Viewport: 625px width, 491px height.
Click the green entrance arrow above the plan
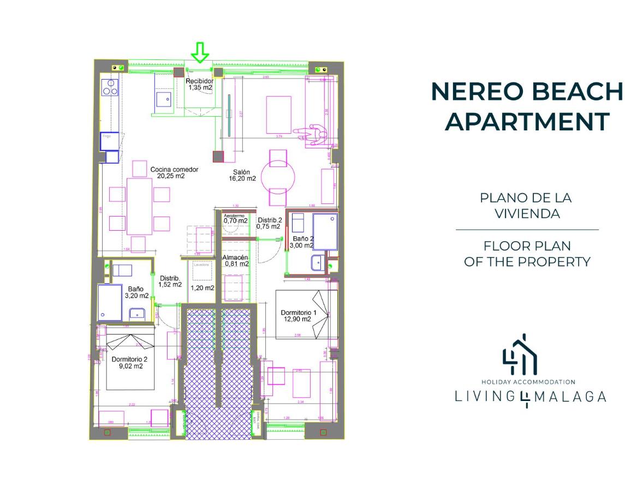(201, 53)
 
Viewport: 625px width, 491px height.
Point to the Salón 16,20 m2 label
(242, 175)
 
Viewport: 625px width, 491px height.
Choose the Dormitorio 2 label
(129, 363)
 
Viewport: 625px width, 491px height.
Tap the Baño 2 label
(302, 242)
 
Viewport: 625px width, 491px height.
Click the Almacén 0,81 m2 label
(236, 261)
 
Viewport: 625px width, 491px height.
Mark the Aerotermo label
(234, 216)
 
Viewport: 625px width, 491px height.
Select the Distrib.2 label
(270, 220)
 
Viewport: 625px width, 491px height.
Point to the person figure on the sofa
(312, 134)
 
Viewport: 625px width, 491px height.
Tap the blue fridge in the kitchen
(109, 141)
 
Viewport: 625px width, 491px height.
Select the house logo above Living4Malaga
(520, 355)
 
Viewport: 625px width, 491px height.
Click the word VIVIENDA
(527, 213)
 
